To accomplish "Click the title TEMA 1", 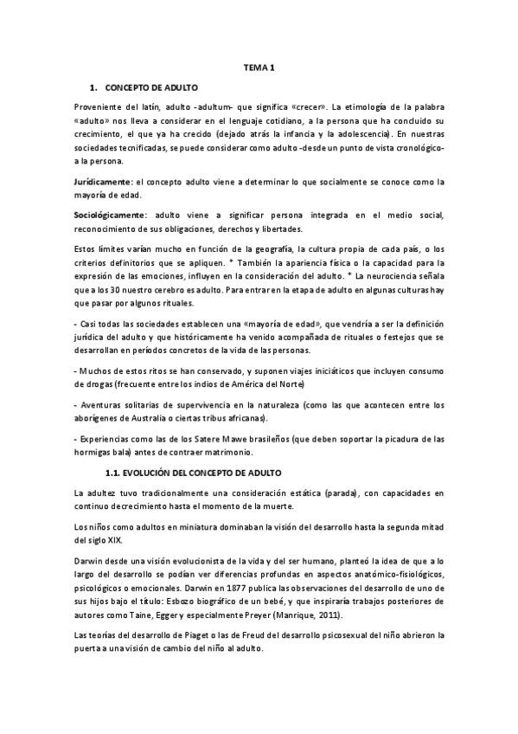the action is tap(259, 68).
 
